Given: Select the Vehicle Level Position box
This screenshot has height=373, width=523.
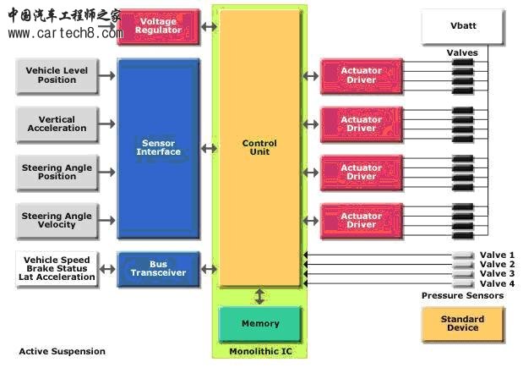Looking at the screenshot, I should (x=57, y=75).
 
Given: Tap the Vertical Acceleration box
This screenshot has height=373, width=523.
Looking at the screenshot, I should (x=57, y=124).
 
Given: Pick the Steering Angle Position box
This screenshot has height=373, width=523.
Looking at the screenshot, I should (x=57, y=172).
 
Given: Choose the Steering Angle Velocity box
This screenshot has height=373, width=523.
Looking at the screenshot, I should (x=57, y=220).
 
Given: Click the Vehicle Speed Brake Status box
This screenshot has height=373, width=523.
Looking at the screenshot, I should (x=57, y=268).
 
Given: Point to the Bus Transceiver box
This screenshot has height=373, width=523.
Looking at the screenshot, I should (x=159, y=268).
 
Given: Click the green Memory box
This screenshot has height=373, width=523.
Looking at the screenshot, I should (x=260, y=324).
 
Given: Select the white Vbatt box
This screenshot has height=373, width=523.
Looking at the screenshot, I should (x=462, y=26).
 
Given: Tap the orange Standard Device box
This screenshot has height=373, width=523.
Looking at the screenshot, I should (x=462, y=324).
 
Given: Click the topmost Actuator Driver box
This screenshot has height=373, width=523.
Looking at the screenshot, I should (x=361, y=75).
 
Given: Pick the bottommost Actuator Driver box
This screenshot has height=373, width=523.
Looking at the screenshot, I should (x=361, y=220).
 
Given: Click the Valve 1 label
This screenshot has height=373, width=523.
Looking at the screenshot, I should (x=497, y=255).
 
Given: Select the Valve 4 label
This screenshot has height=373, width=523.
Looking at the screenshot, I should (x=497, y=283).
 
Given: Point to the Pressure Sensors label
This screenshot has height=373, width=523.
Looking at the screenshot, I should (x=462, y=295).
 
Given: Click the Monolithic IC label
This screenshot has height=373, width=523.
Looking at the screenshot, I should (x=259, y=351).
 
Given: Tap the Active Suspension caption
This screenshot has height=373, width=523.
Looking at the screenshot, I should (x=63, y=351).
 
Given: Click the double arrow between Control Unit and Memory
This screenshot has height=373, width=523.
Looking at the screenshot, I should (x=260, y=296).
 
